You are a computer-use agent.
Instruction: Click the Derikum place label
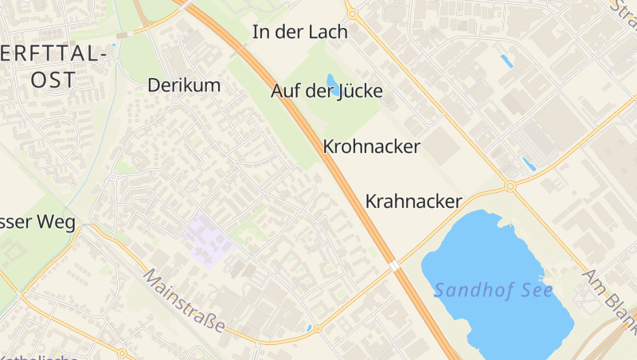click(183, 85)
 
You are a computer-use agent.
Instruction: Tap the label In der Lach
click(300, 33)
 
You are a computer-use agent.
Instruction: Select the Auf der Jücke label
click(326, 92)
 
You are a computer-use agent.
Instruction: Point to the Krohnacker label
click(371, 147)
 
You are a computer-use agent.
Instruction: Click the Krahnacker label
click(413, 202)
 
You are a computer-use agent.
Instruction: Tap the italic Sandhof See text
click(493, 290)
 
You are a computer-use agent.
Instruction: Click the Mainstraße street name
click(185, 301)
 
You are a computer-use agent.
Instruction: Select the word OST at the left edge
click(53, 80)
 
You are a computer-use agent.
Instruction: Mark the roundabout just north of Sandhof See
click(510, 187)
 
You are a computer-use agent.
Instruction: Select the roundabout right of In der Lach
click(351, 13)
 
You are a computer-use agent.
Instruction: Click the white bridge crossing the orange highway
click(393, 266)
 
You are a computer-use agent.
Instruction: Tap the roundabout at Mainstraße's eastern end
click(318, 328)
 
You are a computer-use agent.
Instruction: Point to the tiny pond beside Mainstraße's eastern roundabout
click(309, 327)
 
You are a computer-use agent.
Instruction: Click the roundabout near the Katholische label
click(122, 353)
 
